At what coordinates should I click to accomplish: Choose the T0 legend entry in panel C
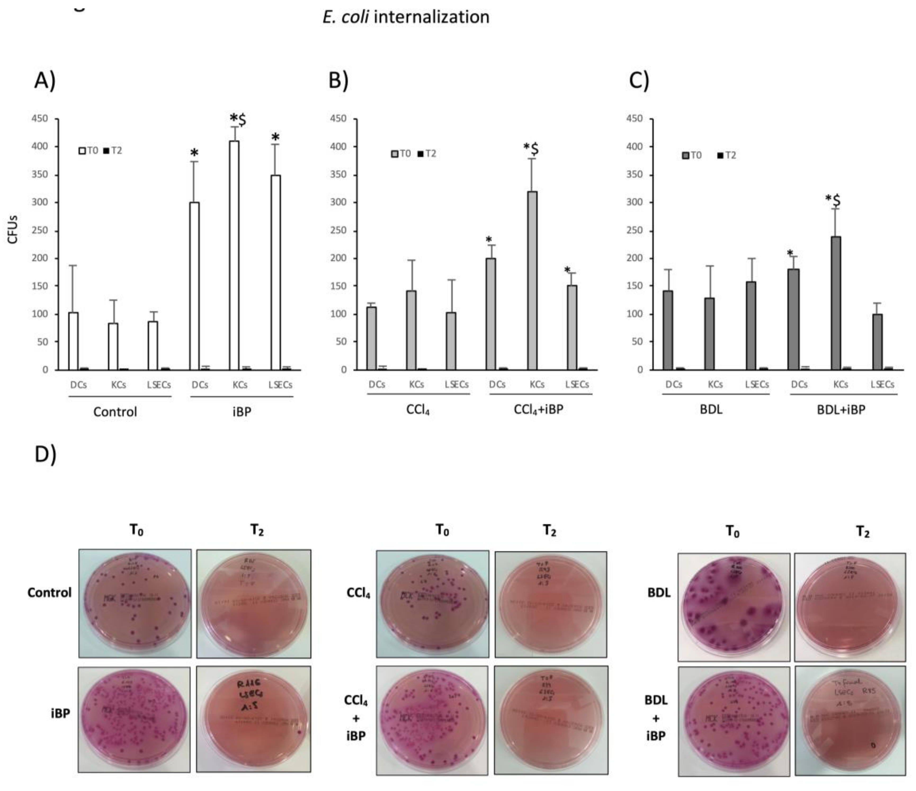point(692,155)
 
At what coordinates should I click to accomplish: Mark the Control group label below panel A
point(115,412)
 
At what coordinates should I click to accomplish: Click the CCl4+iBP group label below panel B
point(538,409)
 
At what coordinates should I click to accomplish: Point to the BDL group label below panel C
point(711,409)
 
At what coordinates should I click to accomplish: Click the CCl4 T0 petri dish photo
point(432,604)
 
